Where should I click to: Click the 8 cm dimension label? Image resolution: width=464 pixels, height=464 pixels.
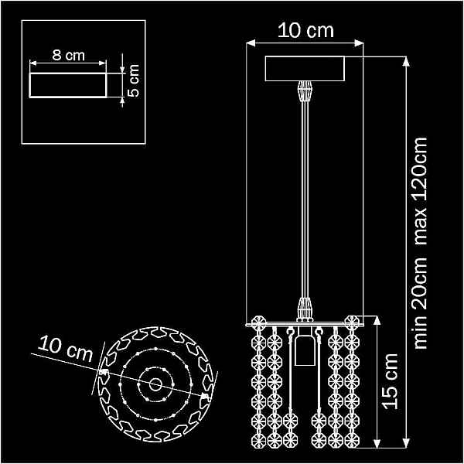(68, 56)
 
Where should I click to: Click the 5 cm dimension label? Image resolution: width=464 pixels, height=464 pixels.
(133, 80)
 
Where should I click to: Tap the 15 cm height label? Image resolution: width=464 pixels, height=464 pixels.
(391, 381)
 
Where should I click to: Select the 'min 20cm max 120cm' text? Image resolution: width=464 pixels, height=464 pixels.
(421, 243)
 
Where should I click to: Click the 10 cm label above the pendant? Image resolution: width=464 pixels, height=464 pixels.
(305, 30)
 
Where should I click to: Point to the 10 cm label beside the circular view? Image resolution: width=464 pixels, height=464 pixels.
(65, 349)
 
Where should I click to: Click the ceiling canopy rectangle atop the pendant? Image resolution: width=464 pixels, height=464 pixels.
(305, 68)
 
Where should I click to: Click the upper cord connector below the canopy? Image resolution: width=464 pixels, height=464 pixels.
(305, 91)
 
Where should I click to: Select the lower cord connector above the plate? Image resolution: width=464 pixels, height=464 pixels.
(305, 308)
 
